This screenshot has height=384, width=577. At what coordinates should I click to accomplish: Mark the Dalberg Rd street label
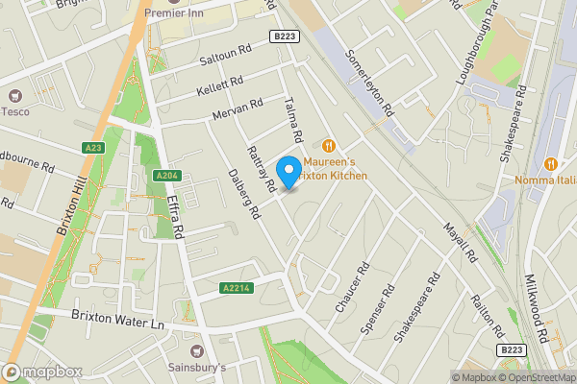tap(244, 196)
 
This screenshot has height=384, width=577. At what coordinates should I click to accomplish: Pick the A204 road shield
tap(165, 176)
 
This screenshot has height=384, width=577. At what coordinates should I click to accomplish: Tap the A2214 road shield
tap(236, 288)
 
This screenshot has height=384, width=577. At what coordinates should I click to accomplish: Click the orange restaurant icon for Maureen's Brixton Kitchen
tap(329, 145)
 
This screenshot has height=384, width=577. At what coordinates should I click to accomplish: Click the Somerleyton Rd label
tap(370, 84)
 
